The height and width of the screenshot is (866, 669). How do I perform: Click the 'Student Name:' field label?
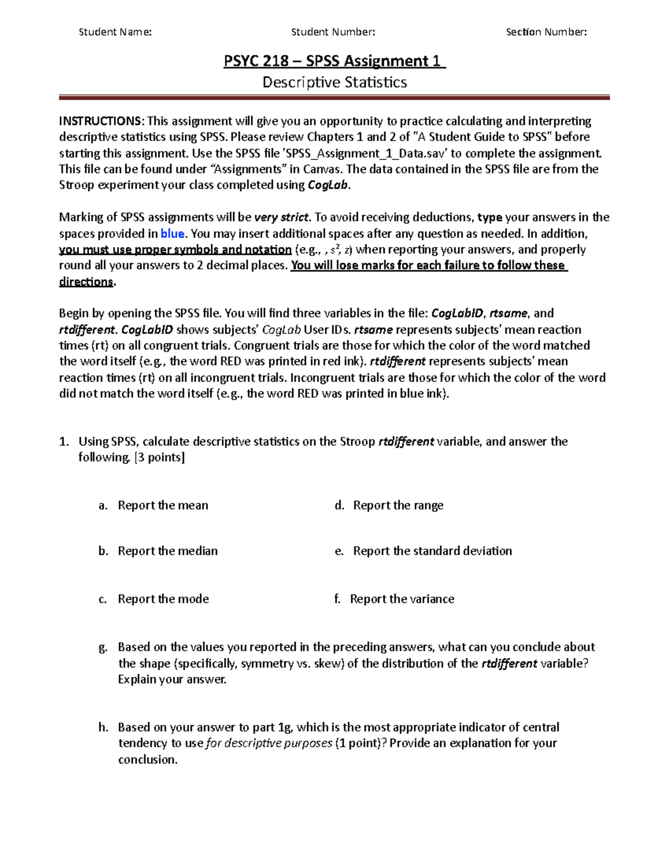click(115, 32)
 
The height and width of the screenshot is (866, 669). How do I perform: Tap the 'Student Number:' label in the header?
click(333, 32)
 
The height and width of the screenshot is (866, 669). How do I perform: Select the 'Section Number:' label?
click(546, 32)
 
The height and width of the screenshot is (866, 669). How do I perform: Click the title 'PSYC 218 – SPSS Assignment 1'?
click(334, 61)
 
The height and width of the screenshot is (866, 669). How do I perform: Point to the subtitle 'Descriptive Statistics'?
click(334, 83)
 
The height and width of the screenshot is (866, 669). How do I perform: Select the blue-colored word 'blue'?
click(172, 234)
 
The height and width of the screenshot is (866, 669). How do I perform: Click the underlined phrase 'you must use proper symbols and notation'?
click(175, 249)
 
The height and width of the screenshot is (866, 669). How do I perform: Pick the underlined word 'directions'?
click(86, 282)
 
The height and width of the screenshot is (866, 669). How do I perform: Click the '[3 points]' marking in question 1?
click(160, 457)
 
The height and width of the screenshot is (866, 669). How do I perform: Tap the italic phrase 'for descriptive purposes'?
click(269, 743)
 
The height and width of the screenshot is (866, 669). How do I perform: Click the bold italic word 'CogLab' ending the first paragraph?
click(327, 186)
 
